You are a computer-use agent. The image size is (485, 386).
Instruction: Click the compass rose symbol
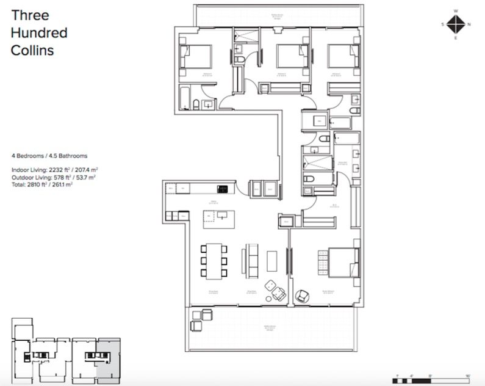(455, 24)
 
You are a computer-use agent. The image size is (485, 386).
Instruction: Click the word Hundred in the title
(39, 32)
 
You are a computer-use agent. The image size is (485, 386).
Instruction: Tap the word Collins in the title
(32, 51)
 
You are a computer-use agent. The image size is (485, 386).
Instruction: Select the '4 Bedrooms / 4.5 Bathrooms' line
(49, 156)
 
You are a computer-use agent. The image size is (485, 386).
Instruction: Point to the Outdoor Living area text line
(53, 177)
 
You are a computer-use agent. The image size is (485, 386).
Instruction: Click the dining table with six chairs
(214, 262)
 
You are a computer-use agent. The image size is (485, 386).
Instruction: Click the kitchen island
(218, 217)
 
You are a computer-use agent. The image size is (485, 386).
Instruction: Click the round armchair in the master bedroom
(302, 296)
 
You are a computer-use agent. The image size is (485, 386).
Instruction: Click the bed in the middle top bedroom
(290, 57)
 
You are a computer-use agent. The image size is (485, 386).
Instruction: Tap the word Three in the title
(29, 15)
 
